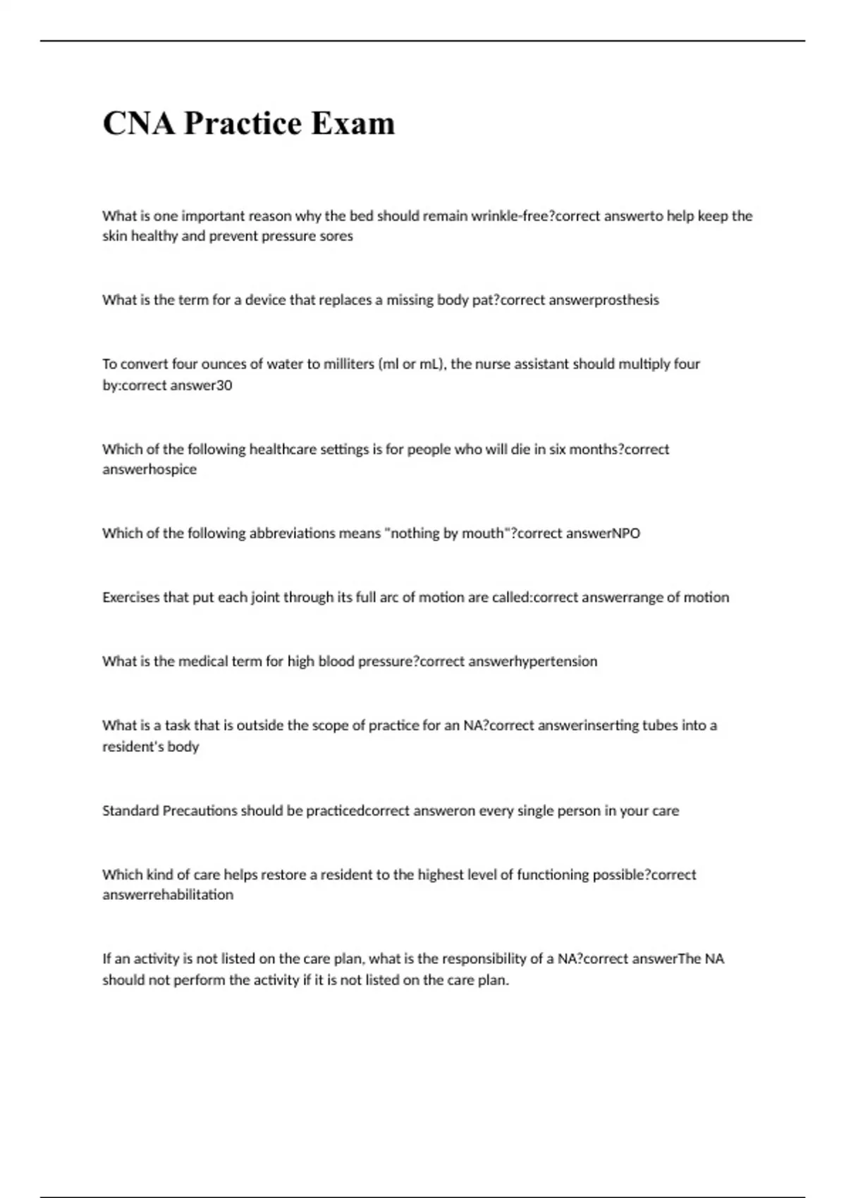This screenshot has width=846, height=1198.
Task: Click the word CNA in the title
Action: [x=138, y=123]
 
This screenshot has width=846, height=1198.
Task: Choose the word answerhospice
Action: [x=149, y=469]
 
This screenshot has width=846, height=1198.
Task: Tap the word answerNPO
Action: [x=603, y=533]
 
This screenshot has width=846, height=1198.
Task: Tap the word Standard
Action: [x=130, y=811]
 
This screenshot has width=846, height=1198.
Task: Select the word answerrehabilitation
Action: [x=168, y=895]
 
